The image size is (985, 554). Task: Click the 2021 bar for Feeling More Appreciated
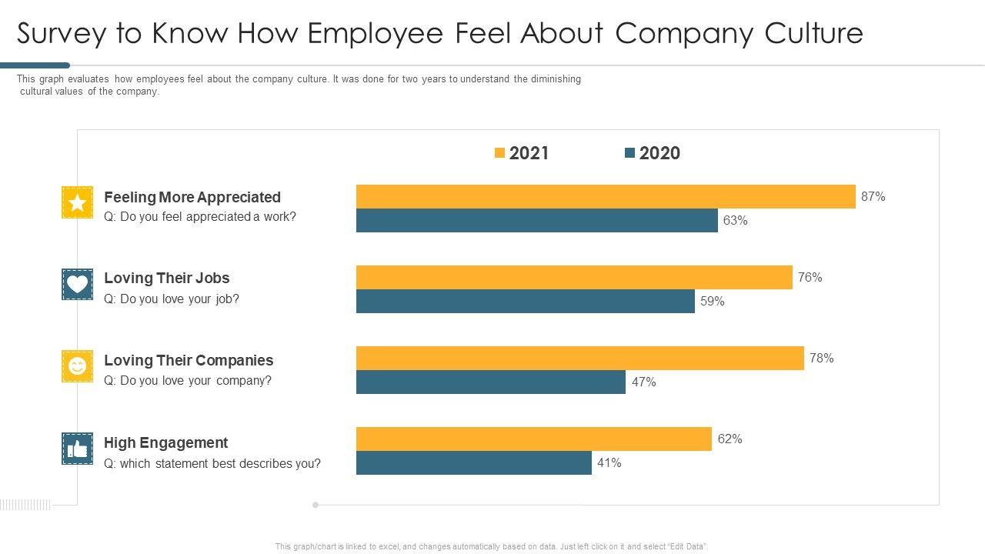coord(606,197)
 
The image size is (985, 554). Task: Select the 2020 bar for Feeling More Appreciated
coord(536,221)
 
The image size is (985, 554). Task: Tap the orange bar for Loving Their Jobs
coord(574,278)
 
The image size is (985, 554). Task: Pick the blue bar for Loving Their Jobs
coord(525,302)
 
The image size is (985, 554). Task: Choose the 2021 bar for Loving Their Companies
coord(579,359)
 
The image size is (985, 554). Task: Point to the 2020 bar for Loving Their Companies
coord(490,382)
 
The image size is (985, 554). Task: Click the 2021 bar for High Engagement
coord(533,439)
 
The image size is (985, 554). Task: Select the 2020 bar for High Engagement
coord(473,463)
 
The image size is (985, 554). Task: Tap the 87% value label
coord(873,197)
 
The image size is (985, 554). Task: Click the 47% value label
coord(644,382)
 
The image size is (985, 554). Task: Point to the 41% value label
coord(609,463)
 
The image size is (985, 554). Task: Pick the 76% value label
coord(810,278)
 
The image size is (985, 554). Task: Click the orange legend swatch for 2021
coord(499,153)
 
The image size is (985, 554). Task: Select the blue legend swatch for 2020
coord(629,153)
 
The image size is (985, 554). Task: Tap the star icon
coord(77,202)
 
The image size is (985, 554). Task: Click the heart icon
coord(77,284)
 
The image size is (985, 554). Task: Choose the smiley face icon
coord(77,366)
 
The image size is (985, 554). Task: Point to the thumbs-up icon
coord(77,449)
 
